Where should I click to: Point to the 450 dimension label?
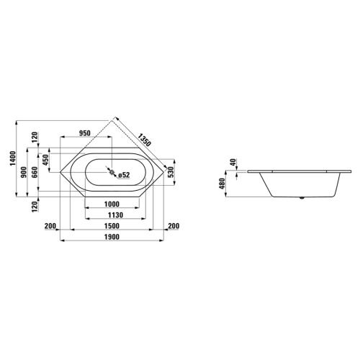point(45,159)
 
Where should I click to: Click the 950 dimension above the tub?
point(84,133)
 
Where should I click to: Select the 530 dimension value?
point(171,173)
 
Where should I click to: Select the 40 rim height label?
point(233,162)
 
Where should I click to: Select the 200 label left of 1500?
point(50,227)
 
